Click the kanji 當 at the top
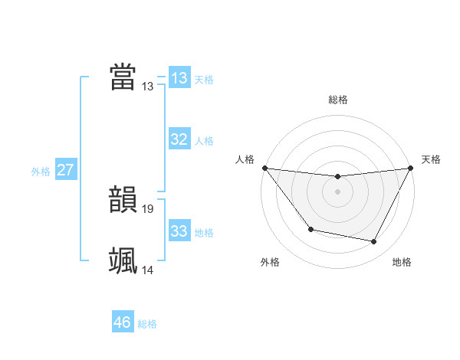point(123,77)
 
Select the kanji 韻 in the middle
point(123,200)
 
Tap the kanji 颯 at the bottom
point(123,260)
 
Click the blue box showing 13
point(179,77)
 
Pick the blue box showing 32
point(179,139)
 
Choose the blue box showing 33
point(179,231)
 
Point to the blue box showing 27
point(65,170)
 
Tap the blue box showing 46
point(123,322)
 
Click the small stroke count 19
point(148,208)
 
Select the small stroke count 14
point(148,270)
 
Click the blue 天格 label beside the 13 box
point(204,80)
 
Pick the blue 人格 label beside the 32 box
point(204,141)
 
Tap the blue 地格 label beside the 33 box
point(204,233)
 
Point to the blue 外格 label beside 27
point(41,172)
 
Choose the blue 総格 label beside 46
point(147,324)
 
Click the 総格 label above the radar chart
point(337,100)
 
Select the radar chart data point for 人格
point(264,168)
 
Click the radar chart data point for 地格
point(374,242)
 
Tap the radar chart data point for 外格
point(310,229)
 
